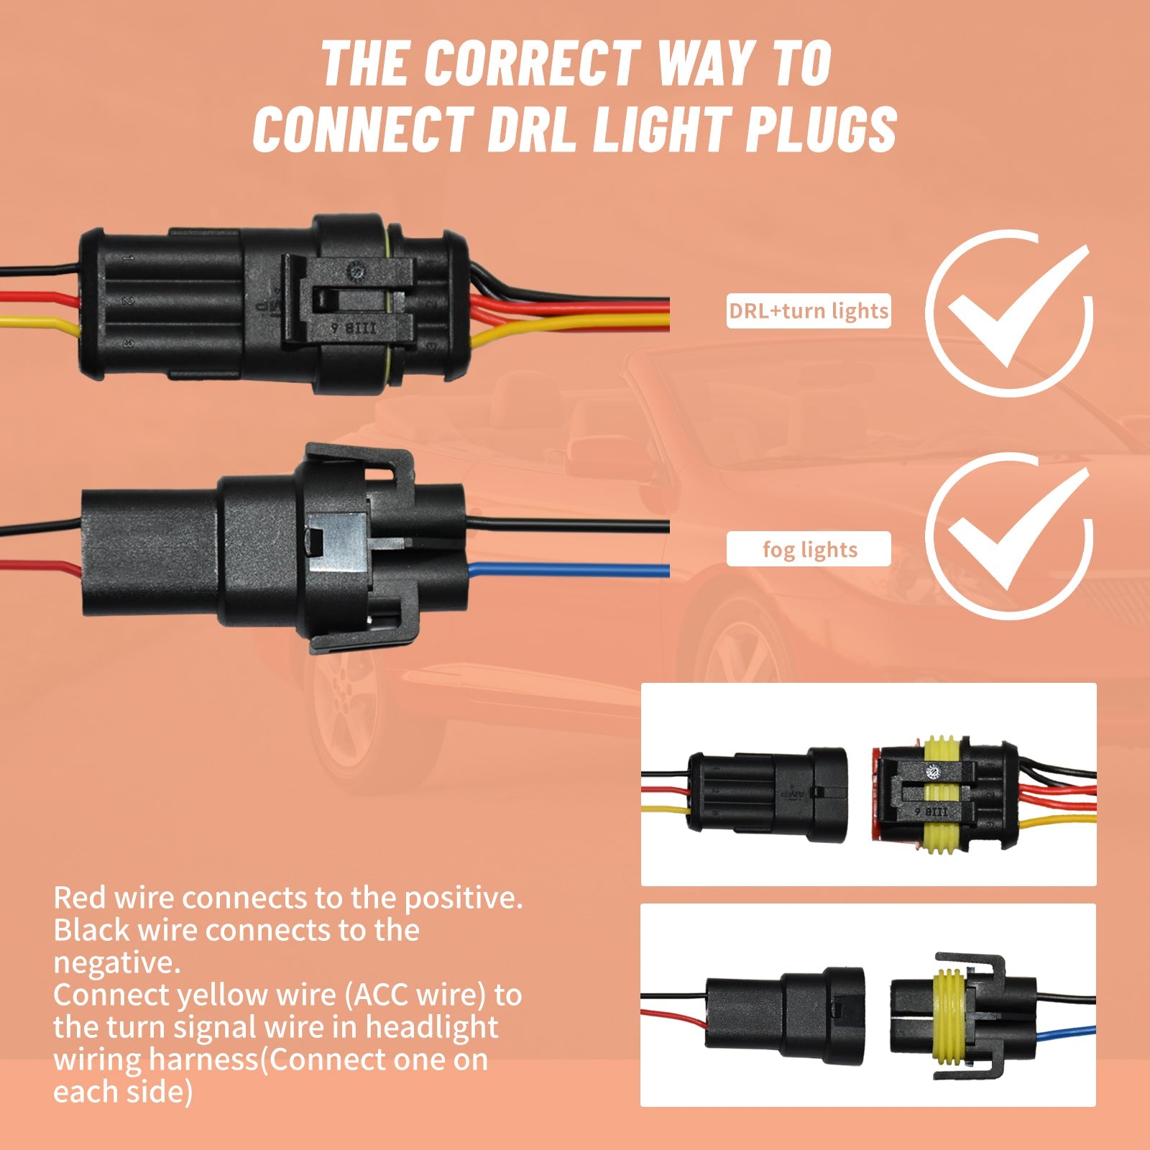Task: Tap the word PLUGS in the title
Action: (x=821, y=129)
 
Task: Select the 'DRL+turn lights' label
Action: (x=809, y=311)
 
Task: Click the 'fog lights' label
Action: (x=809, y=550)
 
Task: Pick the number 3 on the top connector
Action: (x=127, y=344)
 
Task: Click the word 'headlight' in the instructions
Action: (x=431, y=1028)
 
